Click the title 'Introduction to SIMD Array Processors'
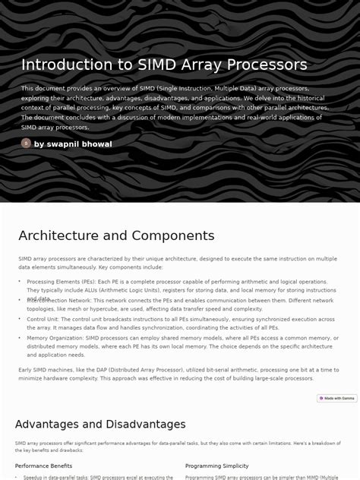click(x=164, y=65)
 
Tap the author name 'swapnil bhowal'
click(x=73, y=144)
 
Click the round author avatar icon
click(x=26, y=143)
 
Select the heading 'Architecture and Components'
click(x=116, y=235)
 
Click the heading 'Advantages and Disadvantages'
click(x=100, y=424)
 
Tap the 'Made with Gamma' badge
click(x=336, y=398)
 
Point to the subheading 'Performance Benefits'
click(x=43, y=466)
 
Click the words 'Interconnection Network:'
click(x=58, y=301)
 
